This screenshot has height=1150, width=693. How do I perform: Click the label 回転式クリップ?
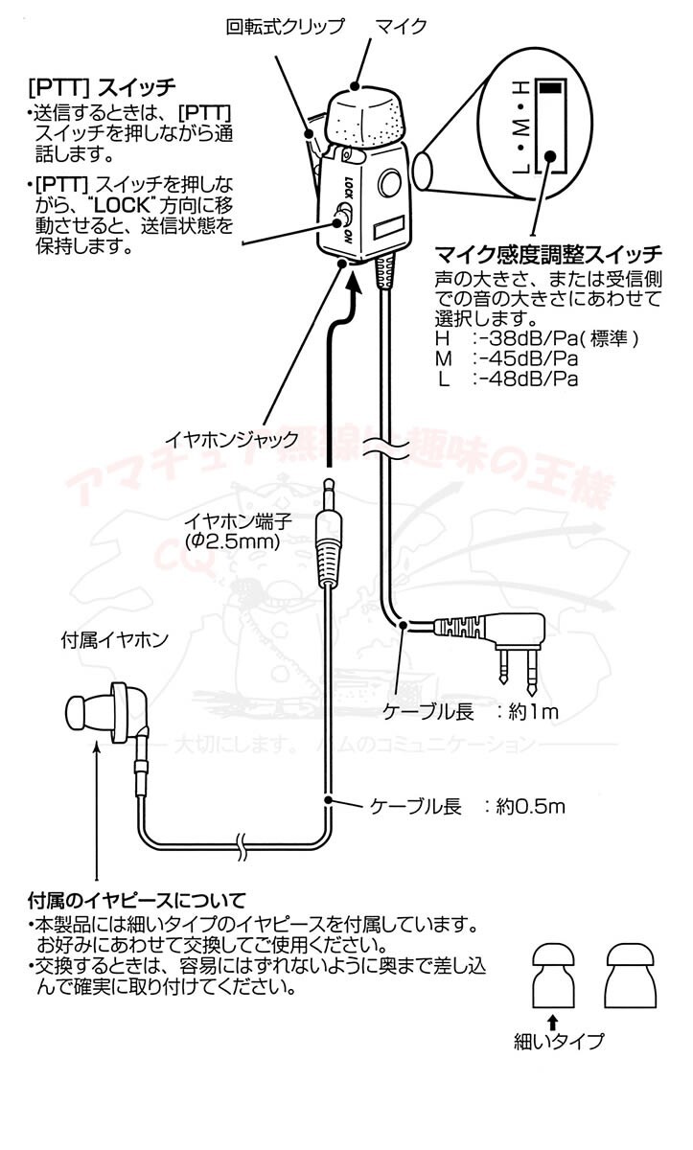tap(285, 26)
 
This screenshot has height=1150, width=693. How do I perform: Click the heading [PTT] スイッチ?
tap(102, 87)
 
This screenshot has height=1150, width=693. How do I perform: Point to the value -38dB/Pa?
tap(520, 338)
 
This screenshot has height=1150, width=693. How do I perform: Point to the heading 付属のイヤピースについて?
tap(137, 901)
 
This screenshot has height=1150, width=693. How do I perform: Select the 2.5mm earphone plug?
tap(329, 546)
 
